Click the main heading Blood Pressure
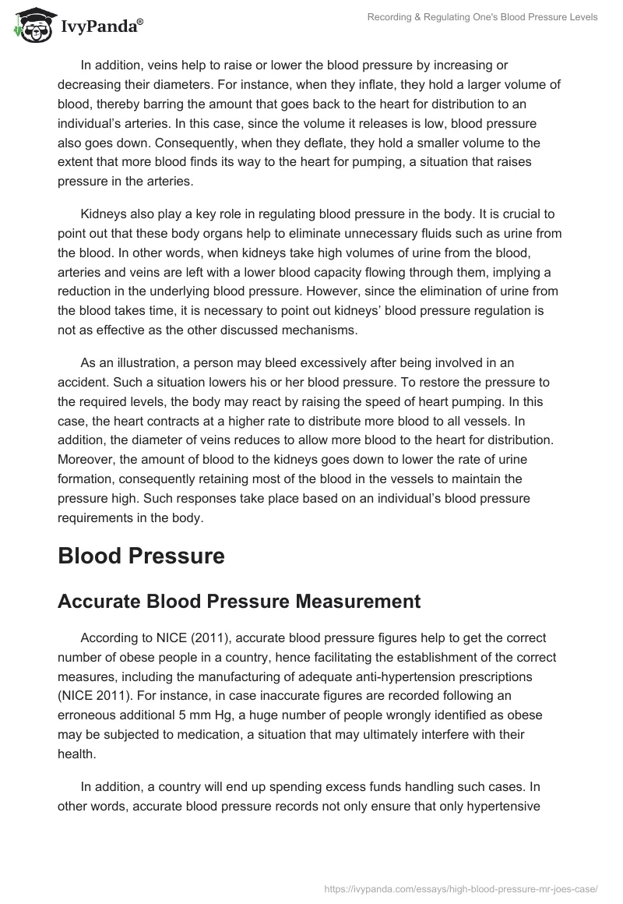click(x=141, y=556)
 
